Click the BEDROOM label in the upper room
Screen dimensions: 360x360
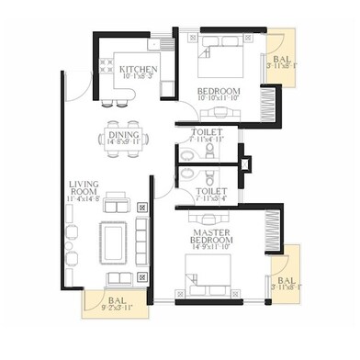(x=218, y=91)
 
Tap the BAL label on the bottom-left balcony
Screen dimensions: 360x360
(x=115, y=299)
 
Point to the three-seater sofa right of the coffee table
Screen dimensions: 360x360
(x=141, y=241)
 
